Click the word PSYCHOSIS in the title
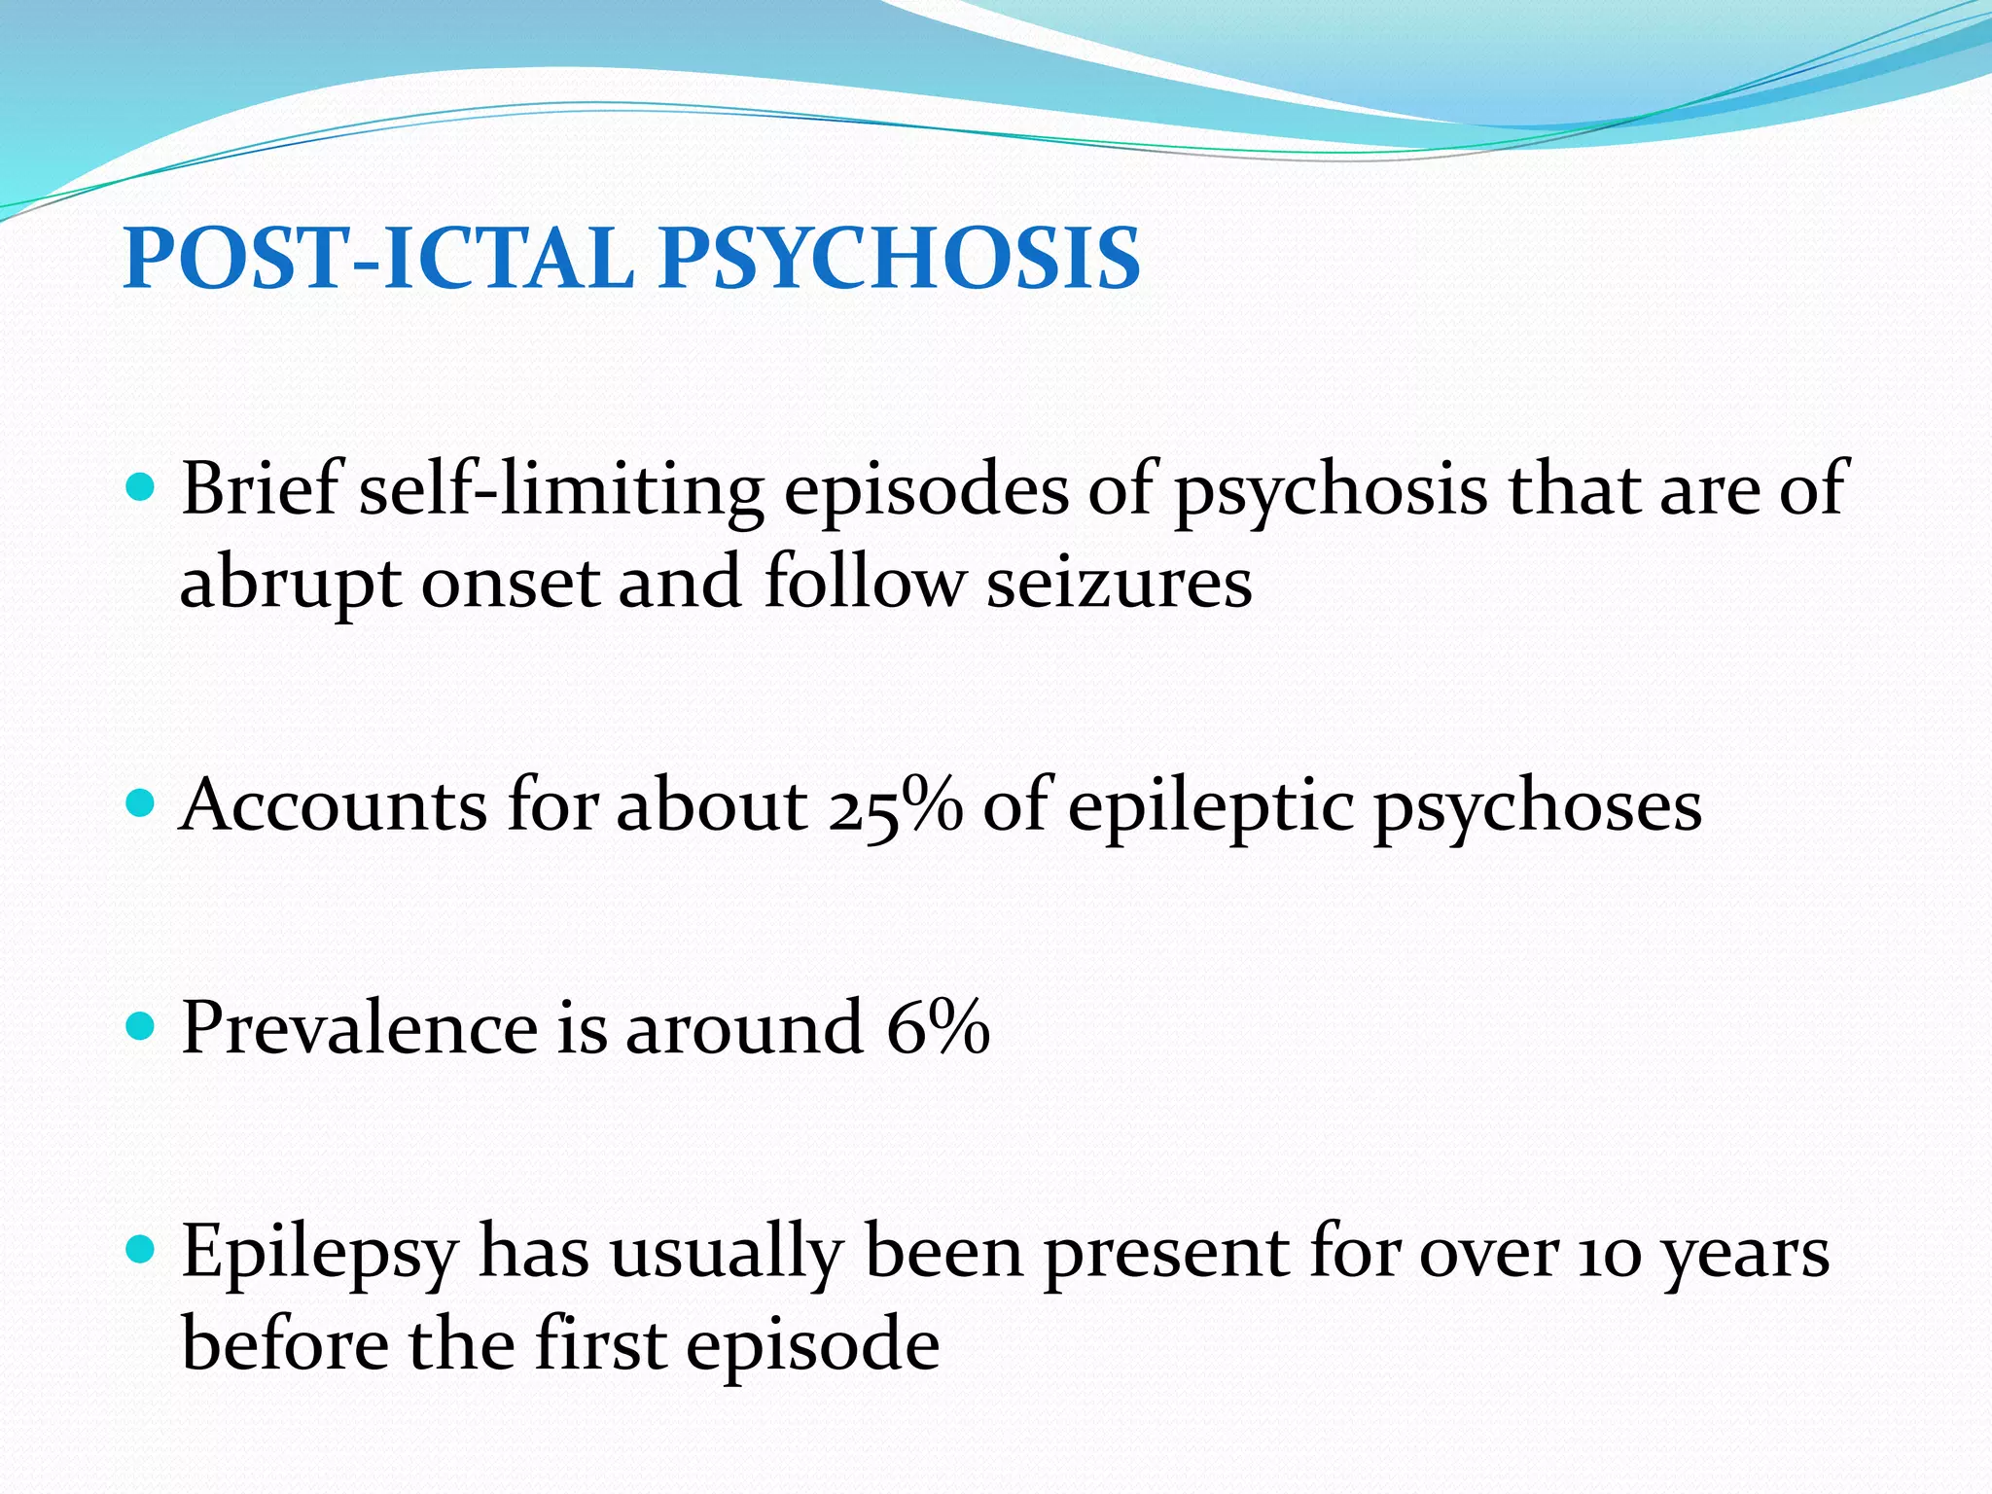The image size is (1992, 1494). point(899,259)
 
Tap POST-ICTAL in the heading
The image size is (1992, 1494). point(378,259)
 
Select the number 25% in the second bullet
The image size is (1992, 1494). point(895,805)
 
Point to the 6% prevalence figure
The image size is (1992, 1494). point(938,1027)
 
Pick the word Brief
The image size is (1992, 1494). point(261,488)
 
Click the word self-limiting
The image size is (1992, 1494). point(561,488)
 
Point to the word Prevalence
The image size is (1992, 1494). point(359,1027)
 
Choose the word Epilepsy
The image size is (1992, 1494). point(319,1255)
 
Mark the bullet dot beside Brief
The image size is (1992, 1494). point(141,487)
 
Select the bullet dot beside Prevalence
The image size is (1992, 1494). point(141,1026)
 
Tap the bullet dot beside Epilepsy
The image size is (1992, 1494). point(141,1251)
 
